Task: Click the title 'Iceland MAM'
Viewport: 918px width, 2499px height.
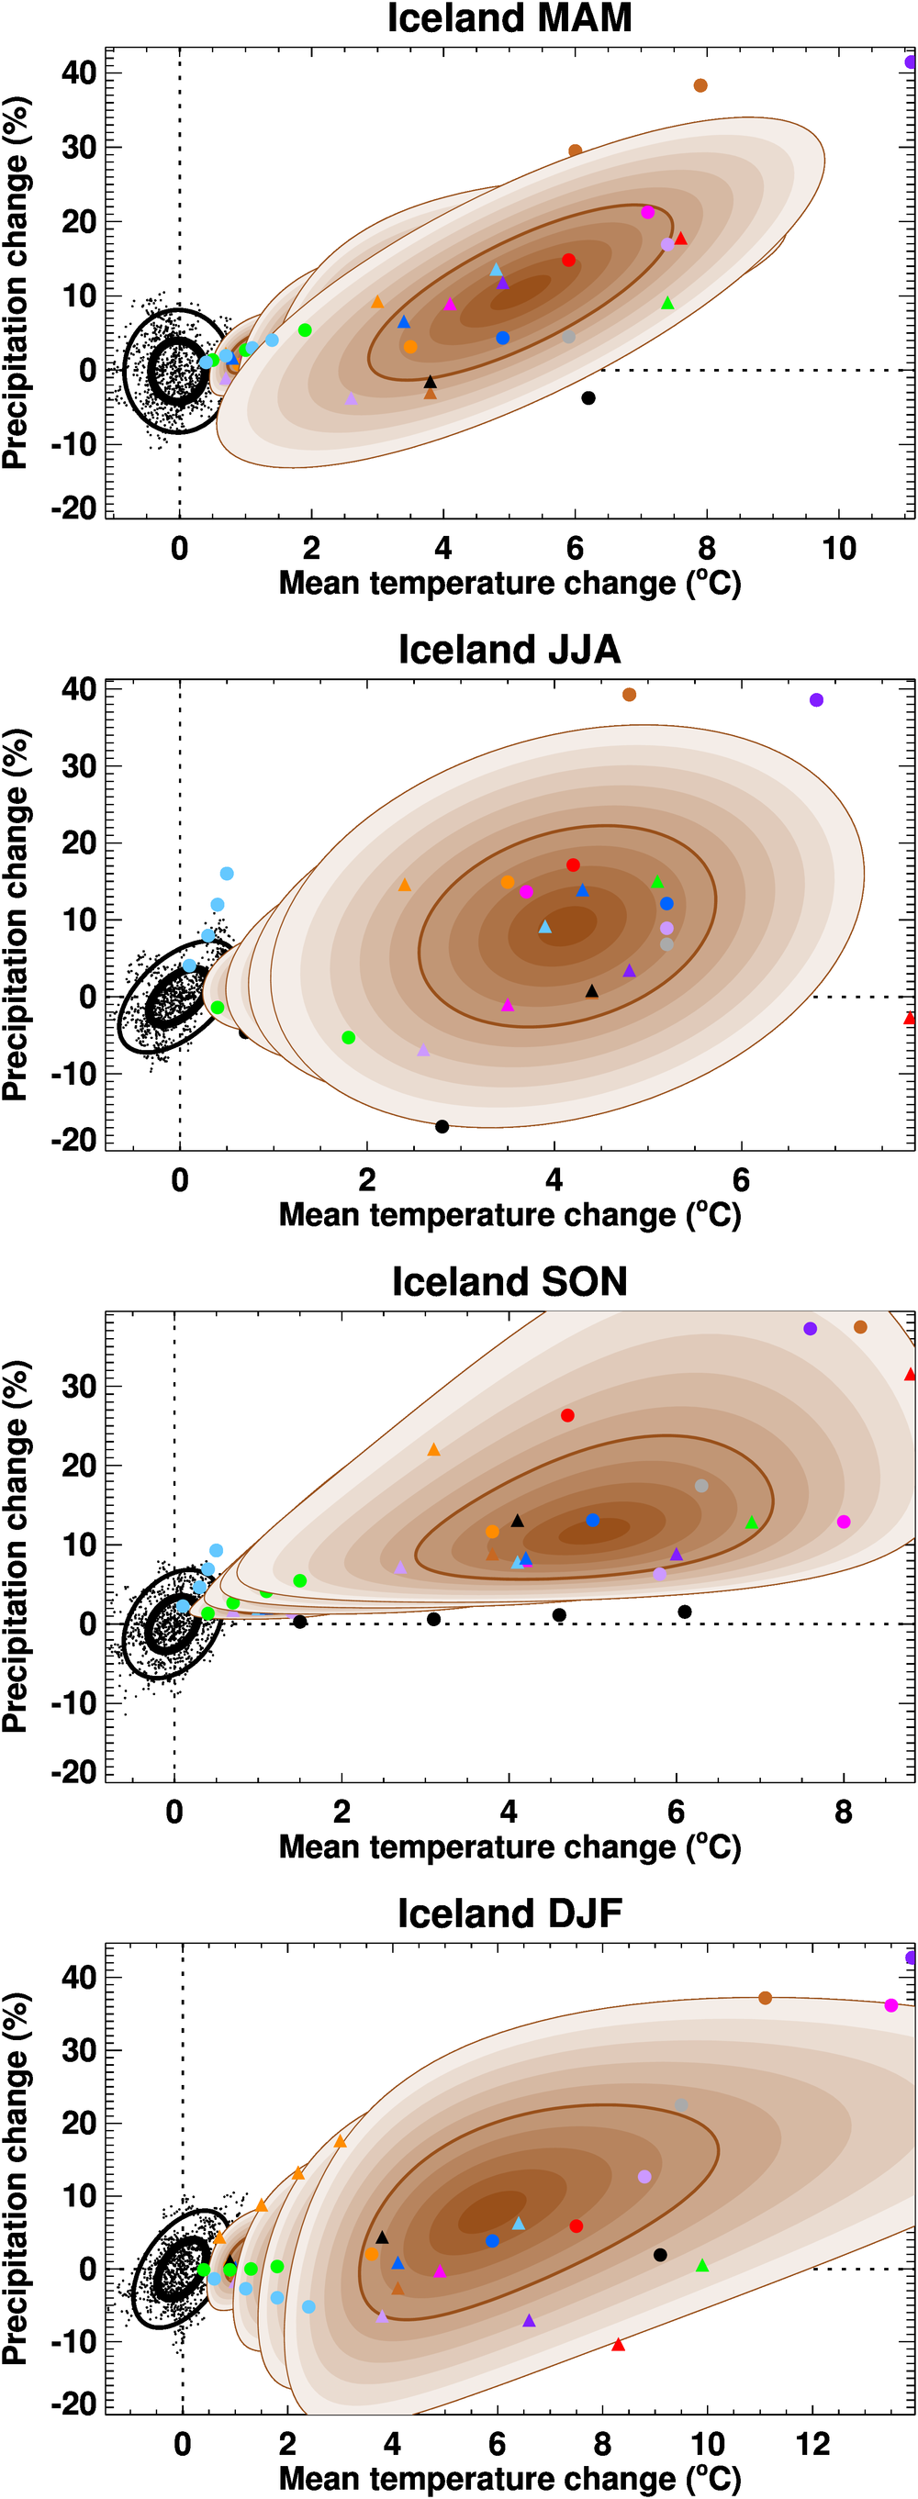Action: point(509,18)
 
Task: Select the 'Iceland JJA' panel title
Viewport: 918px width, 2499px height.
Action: point(509,650)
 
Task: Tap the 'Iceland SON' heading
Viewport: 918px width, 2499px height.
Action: point(509,1281)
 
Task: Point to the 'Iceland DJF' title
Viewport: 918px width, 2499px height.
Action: point(509,1913)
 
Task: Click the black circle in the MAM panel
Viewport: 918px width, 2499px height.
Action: point(588,397)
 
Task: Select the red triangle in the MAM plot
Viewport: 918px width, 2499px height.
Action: point(680,239)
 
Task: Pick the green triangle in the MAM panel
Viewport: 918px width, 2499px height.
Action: point(667,304)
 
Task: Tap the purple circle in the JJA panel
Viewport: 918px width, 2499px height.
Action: point(816,700)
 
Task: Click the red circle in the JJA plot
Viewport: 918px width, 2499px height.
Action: point(573,865)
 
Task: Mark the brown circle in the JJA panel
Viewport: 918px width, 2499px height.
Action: point(629,695)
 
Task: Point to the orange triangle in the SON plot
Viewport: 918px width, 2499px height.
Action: point(434,1450)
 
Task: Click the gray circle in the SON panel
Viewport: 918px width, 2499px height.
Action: point(701,1486)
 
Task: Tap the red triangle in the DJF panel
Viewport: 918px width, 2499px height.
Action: point(618,2345)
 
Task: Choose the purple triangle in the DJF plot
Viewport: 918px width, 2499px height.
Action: point(529,2320)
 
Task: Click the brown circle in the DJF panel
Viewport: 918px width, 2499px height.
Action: point(765,1999)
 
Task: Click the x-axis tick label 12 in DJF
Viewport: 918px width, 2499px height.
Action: point(812,2445)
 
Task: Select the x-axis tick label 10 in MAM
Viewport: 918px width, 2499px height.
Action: point(839,550)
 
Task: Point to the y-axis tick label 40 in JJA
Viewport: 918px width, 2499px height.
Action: point(79,690)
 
